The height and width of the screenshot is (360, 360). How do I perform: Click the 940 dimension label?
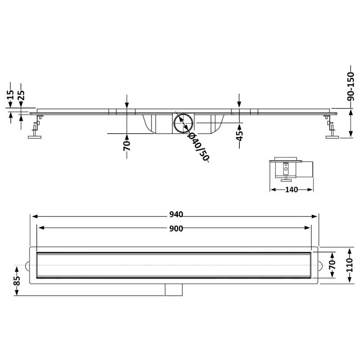click(176, 214)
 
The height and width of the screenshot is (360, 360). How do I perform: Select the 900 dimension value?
click(176, 229)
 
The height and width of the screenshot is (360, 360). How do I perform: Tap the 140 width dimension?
click(291, 189)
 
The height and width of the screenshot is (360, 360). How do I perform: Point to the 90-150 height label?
click(351, 87)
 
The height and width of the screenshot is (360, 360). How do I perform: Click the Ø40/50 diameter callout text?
click(198, 147)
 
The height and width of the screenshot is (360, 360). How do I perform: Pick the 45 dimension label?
click(239, 135)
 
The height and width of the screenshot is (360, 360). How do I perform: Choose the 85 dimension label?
click(17, 280)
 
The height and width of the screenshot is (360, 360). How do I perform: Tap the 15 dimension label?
click(10, 94)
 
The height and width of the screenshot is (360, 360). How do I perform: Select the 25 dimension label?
click(21, 95)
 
